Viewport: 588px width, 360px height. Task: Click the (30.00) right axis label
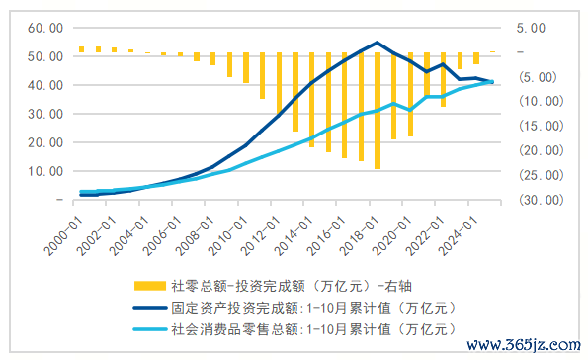541,200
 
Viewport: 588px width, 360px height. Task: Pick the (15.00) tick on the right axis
541,126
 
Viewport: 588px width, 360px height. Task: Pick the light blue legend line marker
148,327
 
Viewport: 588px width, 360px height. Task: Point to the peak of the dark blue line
378,43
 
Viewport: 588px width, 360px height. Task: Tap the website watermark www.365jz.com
523,346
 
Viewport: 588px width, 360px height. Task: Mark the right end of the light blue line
492,82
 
